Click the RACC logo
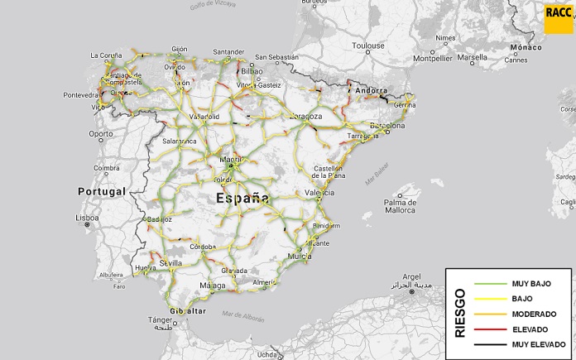tap(558, 15)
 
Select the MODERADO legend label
tap(534, 314)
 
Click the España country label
tap(242, 198)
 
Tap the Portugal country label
tap(102, 191)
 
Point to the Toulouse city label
tap(367, 46)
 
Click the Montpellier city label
tap(434, 59)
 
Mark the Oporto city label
tap(101, 133)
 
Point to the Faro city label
tap(120, 286)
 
